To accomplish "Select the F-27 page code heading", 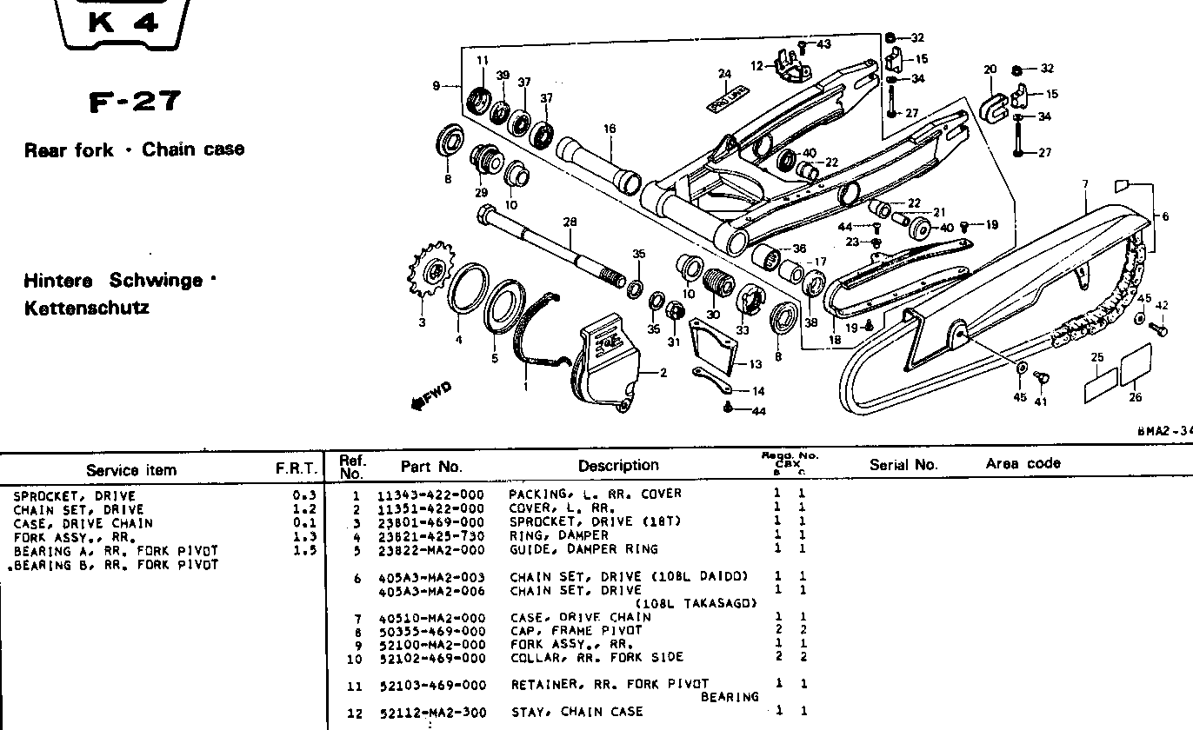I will (x=136, y=103).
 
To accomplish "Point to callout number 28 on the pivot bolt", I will (x=570, y=223).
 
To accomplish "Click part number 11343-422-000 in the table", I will (x=430, y=494).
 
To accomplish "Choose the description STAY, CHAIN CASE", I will (x=577, y=712).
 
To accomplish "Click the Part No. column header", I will (x=431, y=467).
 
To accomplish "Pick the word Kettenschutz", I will (x=87, y=308).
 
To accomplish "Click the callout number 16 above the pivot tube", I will (x=610, y=129).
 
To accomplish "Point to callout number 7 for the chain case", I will (x=1085, y=184).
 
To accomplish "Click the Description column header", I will (x=618, y=466).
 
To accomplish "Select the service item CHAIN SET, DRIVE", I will (x=78, y=509).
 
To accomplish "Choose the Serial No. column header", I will (x=903, y=465).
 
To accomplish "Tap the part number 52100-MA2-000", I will (x=431, y=645).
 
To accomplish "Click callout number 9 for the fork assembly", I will (x=436, y=85).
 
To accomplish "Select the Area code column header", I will (x=1023, y=464).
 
